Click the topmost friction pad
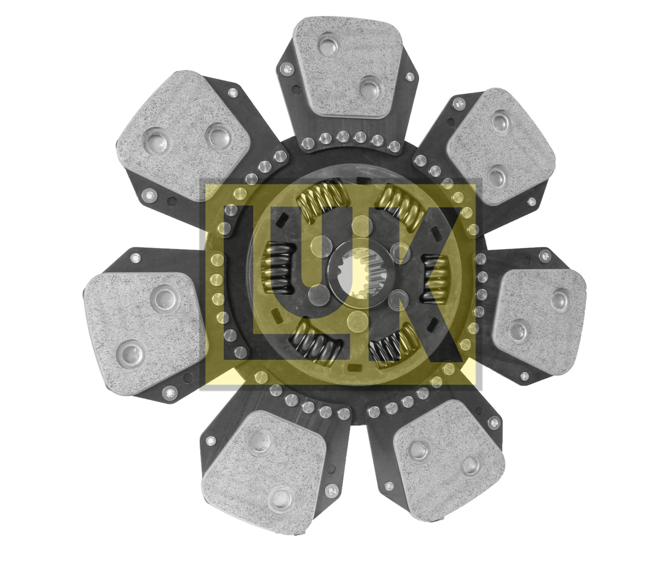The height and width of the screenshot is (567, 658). [348, 67]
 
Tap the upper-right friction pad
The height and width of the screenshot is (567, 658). [501, 147]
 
